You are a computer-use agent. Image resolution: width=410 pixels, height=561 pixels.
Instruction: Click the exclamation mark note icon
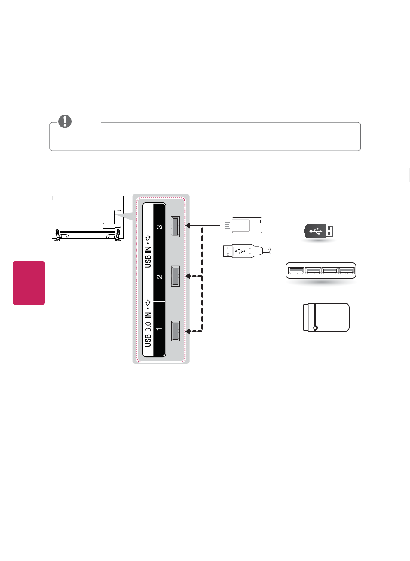pyautogui.click(x=65, y=121)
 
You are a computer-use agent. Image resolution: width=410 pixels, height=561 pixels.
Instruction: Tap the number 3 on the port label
pyautogui.click(x=159, y=227)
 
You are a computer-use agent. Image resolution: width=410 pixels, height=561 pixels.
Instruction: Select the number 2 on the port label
pyautogui.click(x=159, y=277)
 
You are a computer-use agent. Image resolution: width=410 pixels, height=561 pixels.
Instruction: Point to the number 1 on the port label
pyautogui.click(x=159, y=329)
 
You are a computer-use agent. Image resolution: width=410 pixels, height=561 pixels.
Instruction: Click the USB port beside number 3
pyautogui.click(x=175, y=226)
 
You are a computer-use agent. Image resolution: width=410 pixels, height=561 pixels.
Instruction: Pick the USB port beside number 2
pyautogui.click(x=175, y=276)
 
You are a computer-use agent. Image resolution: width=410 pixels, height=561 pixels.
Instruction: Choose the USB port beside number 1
pyautogui.click(x=175, y=331)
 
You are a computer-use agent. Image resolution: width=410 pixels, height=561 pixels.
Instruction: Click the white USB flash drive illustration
pyautogui.click(x=243, y=226)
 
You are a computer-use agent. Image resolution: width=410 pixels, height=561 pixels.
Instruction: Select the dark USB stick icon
pyautogui.click(x=319, y=231)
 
